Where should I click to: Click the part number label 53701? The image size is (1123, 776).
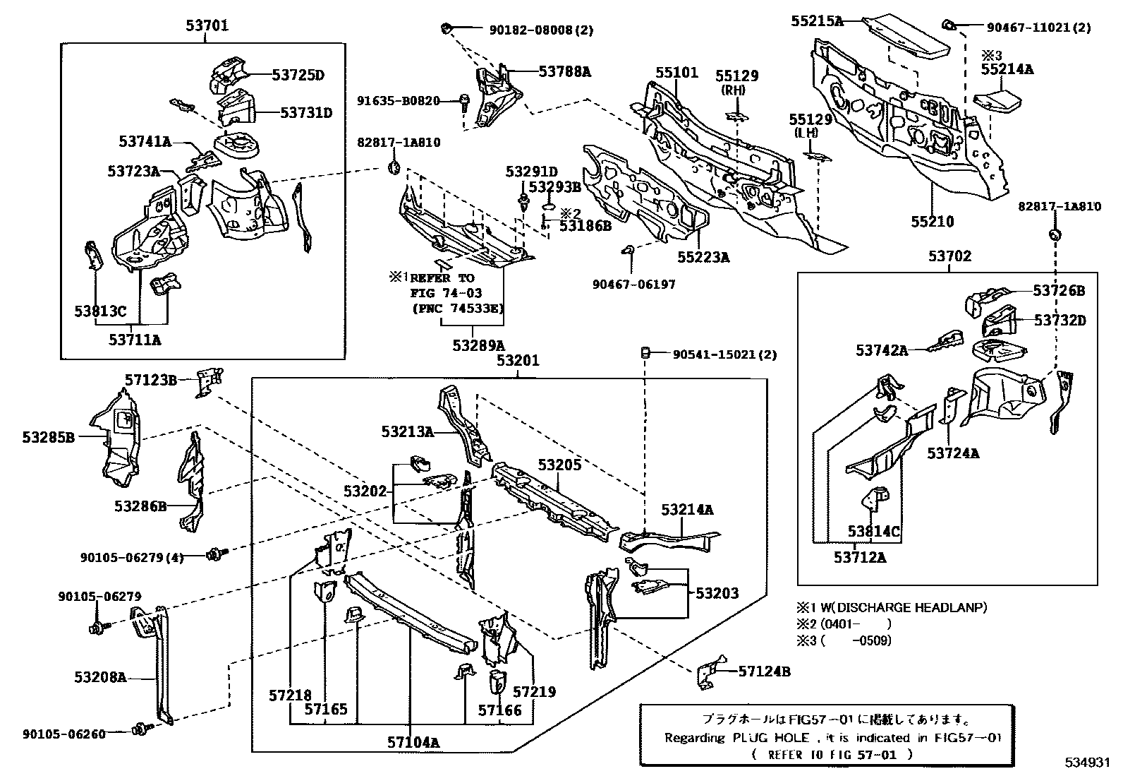tap(207, 26)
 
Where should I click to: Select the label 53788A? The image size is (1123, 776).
tap(564, 71)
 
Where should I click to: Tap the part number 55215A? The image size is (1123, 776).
tap(817, 21)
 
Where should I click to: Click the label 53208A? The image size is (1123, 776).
tap(100, 677)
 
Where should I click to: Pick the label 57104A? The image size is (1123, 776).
tap(413, 742)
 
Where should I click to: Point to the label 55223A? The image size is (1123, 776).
tap(703, 258)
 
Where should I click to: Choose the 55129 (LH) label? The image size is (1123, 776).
tap(813, 126)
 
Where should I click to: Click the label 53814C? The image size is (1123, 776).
tap(874, 531)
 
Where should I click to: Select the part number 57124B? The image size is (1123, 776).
tap(764, 671)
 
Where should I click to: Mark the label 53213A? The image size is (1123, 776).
tap(408, 431)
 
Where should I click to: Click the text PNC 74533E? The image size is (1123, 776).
tap(458, 309)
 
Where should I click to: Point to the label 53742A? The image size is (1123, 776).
tap(882, 350)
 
